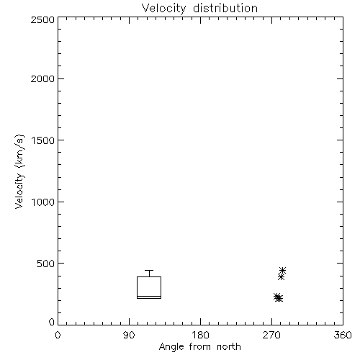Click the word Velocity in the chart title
pyautogui.click(x=164, y=9)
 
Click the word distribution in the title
pyautogui.click(x=225, y=8)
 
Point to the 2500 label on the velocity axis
pyautogui.click(x=42, y=19)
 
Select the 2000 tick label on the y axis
pyautogui.click(x=42, y=78)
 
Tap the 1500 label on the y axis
pyautogui.click(x=43, y=140)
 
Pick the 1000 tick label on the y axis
pyautogui.click(x=43, y=202)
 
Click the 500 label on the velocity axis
pyautogui.click(x=45, y=264)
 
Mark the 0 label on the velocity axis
pyautogui.click(x=52, y=322)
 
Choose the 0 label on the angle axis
pyautogui.click(x=58, y=335)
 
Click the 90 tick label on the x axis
pyautogui.click(x=129, y=335)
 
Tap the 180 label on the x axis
pyautogui.click(x=200, y=335)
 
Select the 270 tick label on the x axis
pyautogui.click(x=271, y=335)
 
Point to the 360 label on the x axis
pyautogui.click(x=343, y=335)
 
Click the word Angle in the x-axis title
pyautogui.click(x=171, y=347)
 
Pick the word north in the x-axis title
pyautogui.click(x=229, y=346)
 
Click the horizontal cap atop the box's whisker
pyautogui.click(x=149, y=271)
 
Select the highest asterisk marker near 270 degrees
pyautogui.click(x=282, y=270)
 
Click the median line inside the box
pyautogui.click(x=149, y=296)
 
